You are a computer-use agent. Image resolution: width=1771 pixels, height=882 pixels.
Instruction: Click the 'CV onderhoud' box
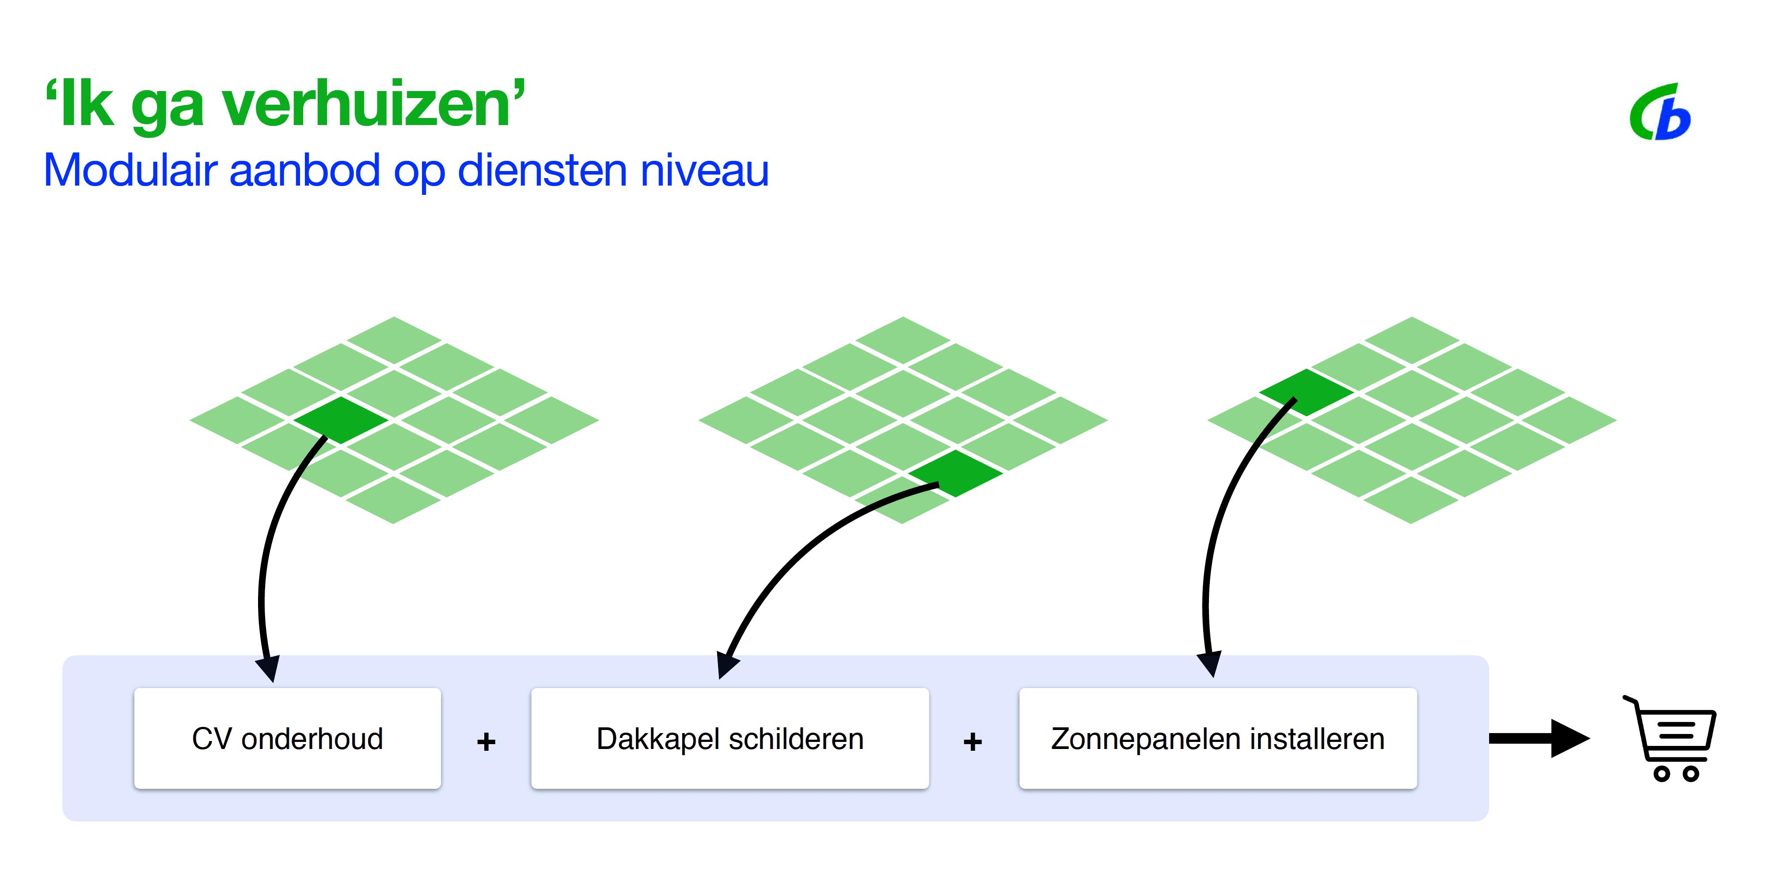(x=287, y=738)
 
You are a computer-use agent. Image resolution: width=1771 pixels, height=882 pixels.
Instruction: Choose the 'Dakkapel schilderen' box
(x=730, y=738)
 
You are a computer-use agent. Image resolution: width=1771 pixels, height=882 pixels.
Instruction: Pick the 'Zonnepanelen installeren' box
(x=1218, y=738)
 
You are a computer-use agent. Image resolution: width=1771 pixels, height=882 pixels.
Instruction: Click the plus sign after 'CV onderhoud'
(x=486, y=741)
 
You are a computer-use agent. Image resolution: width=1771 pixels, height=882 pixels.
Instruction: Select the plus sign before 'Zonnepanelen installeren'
(x=972, y=741)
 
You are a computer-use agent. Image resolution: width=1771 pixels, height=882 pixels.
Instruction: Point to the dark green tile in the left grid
(x=340, y=419)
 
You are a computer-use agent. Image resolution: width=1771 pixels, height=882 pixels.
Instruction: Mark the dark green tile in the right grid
(x=1306, y=392)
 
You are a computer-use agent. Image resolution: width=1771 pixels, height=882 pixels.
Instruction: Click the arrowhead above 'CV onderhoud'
(x=269, y=667)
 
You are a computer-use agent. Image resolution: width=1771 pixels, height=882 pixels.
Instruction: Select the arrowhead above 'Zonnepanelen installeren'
(x=1210, y=663)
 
